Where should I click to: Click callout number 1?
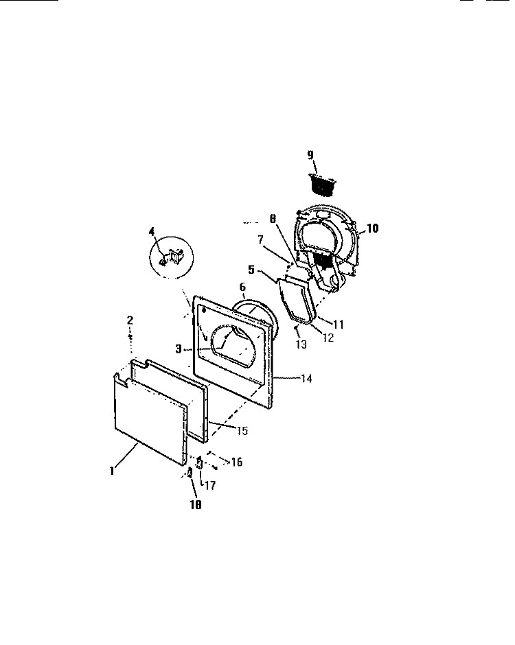(112, 471)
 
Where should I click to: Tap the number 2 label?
(130, 320)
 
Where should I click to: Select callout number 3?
(179, 349)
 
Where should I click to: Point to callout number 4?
(152, 233)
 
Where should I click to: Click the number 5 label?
(251, 270)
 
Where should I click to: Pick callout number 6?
(242, 288)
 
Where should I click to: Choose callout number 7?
(260, 239)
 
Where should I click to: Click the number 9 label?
(310, 154)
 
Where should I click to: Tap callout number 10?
(372, 228)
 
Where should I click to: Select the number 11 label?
(338, 325)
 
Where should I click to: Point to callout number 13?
(301, 344)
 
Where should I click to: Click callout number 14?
(306, 378)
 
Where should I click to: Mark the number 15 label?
(242, 430)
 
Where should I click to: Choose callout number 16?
(236, 462)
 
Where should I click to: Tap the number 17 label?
(209, 485)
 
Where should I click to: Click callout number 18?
(196, 504)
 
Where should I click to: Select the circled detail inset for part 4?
(171, 257)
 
